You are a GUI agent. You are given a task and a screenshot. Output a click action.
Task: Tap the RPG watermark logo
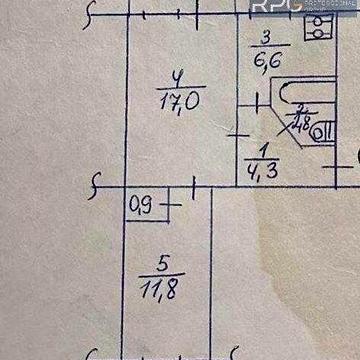pos(271,8)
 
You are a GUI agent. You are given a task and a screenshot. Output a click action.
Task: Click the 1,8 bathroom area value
pos(300,124)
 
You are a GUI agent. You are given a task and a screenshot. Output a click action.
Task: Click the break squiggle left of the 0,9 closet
pos(97,184)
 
